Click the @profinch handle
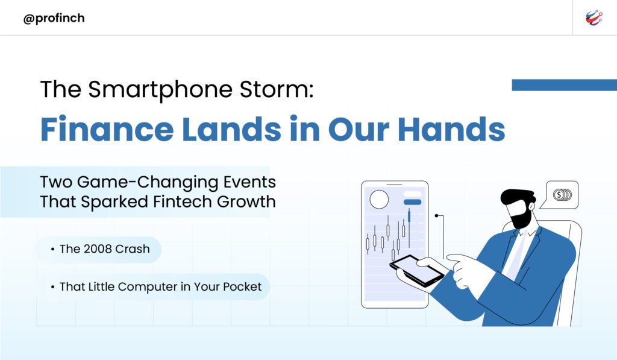tap(54, 18)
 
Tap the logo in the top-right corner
tap(594, 18)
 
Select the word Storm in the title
tap(277, 89)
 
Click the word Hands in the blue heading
tap(451, 129)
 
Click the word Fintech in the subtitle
tap(182, 201)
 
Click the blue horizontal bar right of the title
tap(564, 84)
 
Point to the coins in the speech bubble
tap(563, 195)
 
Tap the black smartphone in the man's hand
tap(417, 271)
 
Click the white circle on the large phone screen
tap(380, 200)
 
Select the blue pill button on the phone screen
tap(412, 202)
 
